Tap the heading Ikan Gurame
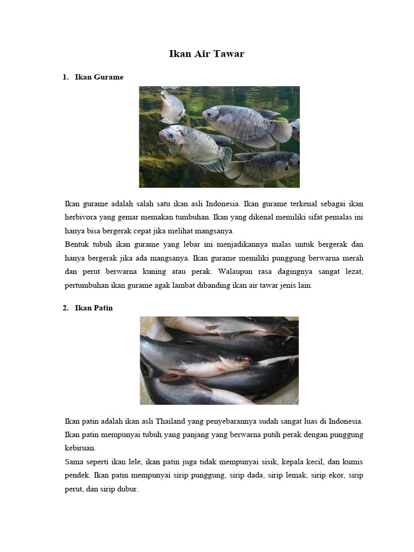(99, 77)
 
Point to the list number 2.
(65, 308)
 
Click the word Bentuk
(78, 244)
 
